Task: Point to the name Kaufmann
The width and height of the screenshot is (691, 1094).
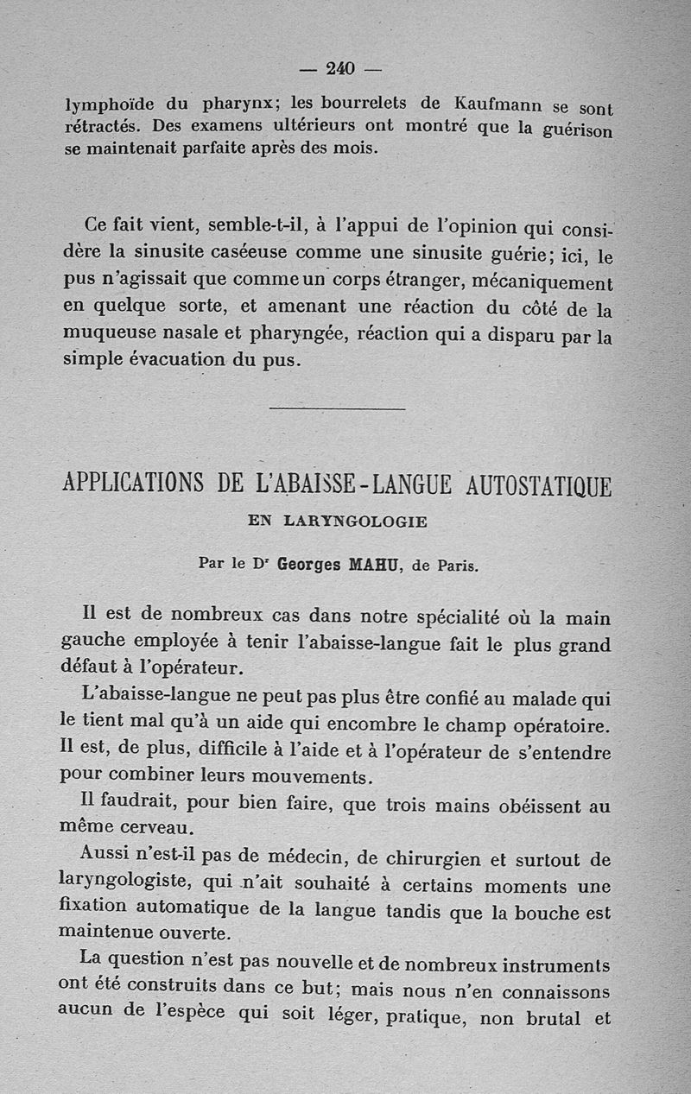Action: pos(504,105)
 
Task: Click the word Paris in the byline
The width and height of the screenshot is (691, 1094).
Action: pos(456,566)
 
